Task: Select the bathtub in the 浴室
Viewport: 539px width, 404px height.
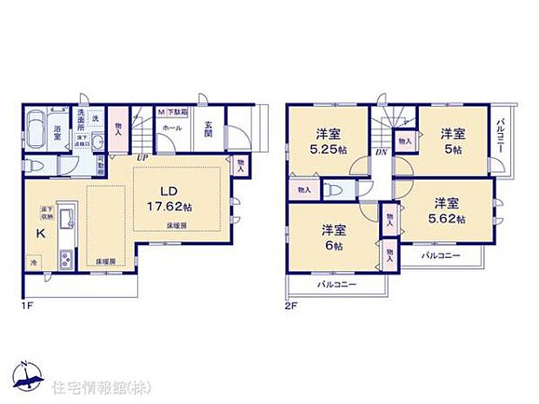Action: (39, 132)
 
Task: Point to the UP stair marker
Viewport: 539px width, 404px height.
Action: (141, 157)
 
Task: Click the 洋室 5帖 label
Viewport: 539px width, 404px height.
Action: (449, 140)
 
